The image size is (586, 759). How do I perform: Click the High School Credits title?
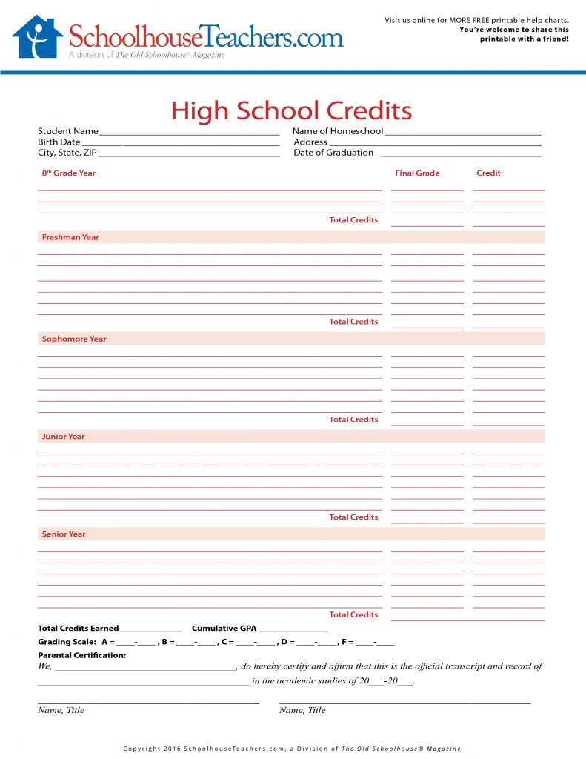[x=291, y=111]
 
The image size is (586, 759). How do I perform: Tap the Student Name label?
[x=68, y=131]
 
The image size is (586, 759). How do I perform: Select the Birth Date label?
[x=59, y=142]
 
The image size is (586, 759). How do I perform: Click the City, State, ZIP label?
[x=67, y=153]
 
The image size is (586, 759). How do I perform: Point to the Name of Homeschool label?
[x=338, y=131]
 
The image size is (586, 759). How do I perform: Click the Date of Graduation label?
[x=333, y=153]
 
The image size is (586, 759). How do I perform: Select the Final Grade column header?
[x=417, y=173]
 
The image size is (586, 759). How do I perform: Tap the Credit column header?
[x=488, y=173]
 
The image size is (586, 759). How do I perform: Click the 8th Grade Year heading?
[x=69, y=173]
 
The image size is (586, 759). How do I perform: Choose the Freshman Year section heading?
[x=70, y=237]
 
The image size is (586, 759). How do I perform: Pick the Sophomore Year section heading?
[x=74, y=339]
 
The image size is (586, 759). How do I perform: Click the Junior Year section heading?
[x=64, y=437]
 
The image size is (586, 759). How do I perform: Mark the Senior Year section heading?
[x=64, y=534]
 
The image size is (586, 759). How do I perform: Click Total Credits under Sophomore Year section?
[x=353, y=420]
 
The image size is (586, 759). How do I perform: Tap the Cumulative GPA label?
[x=224, y=629]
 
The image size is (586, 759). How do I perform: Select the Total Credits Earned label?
[x=79, y=629]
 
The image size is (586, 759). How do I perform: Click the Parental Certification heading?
[x=82, y=655]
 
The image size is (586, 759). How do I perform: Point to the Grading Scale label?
[x=67, y=642]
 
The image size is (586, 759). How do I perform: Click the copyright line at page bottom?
[x=293, y=749]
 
